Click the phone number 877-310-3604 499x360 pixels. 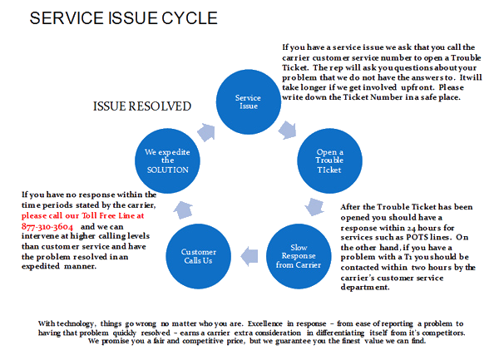point(47,225)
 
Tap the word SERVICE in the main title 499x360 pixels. point(63,18)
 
